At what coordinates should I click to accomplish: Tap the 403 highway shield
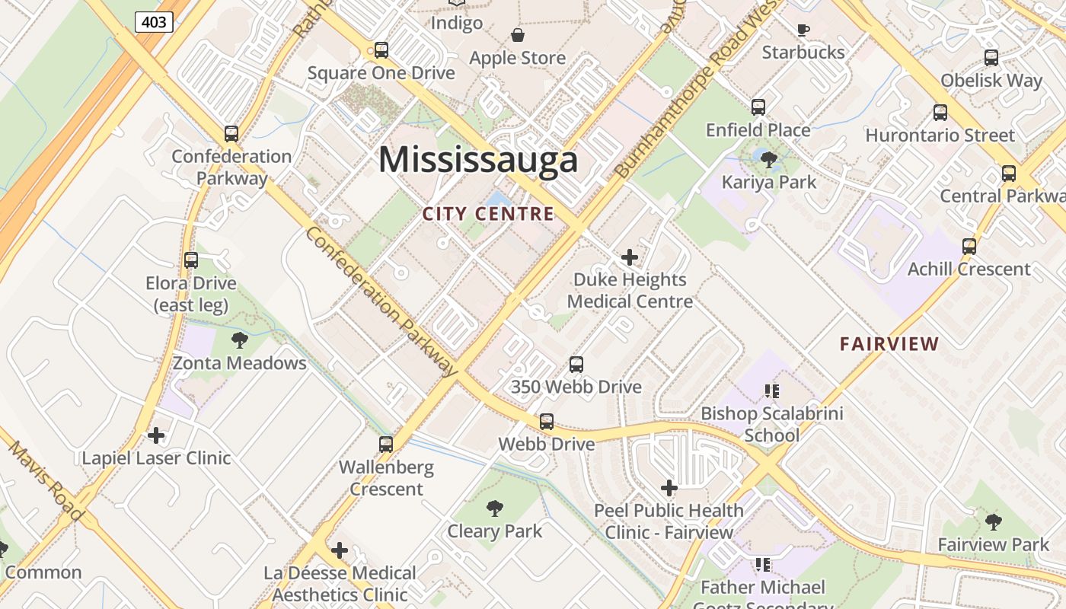click(154, 22)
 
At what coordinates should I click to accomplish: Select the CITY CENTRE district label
click(488, 214)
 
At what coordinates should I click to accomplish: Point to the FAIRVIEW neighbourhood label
click(889, 343)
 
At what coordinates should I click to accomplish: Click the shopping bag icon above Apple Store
click(518, 35)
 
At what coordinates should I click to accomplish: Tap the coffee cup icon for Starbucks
click(803, 30)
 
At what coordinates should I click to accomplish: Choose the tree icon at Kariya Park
click(769, 159)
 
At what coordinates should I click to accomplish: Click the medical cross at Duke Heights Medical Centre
click(630, 257)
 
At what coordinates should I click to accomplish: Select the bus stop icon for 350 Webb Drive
click(576, 365)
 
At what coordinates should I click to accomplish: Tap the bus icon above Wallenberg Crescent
click(386, 444)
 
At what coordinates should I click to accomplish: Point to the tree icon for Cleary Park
click(495, 508)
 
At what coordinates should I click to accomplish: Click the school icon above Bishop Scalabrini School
click(772, 391)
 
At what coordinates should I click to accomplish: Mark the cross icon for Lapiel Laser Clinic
click(156, 435)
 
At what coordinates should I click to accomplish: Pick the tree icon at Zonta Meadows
click(240, 340)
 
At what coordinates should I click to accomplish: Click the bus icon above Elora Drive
click(191, 260)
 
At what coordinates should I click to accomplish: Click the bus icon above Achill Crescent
click(969, 247)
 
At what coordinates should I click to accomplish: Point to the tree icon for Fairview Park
click(993, 521)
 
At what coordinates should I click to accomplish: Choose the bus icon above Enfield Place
click(758, 107)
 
